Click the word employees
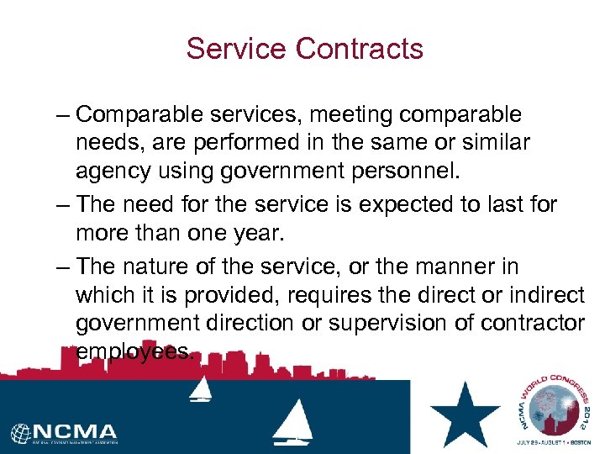[x=134, y=351]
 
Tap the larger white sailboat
[x=292, y=423]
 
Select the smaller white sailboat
[x=202, y=388]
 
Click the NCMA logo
[x=66, y=433]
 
